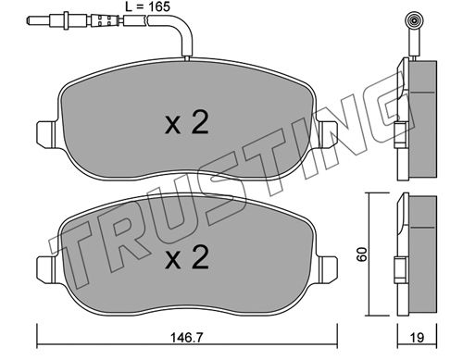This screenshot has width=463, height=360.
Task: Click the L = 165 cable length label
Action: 147,6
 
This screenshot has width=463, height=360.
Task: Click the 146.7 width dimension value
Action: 187,338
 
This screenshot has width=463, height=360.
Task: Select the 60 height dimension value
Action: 362,254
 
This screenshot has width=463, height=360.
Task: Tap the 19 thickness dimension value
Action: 418,338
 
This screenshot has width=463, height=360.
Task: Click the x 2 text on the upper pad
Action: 187,123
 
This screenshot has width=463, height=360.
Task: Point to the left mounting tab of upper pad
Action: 46,134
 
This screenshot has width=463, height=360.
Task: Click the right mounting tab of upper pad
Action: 328,134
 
